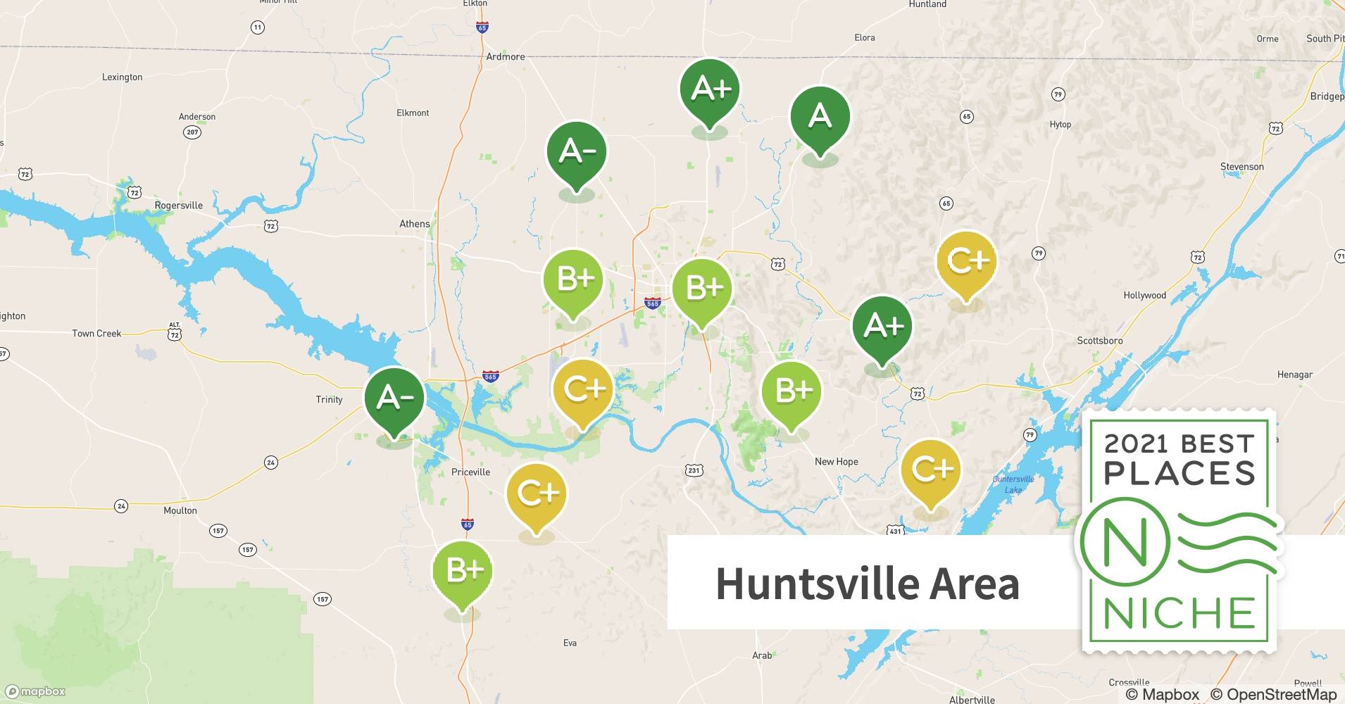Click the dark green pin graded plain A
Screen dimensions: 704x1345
[820, 117]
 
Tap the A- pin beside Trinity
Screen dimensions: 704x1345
[394, 398]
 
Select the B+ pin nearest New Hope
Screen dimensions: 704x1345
[792, 391]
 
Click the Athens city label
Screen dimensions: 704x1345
[414, 224]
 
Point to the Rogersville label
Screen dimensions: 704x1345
[178, 206]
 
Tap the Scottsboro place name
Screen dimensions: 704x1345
[1099, 341]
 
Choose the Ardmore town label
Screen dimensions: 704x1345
[505, 56]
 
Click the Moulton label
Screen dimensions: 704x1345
[180, 510]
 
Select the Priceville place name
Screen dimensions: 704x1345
[470, 472]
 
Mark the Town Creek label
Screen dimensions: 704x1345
[96, 334]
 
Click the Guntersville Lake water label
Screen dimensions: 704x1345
[1013, 484]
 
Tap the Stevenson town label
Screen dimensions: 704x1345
[1241, 167]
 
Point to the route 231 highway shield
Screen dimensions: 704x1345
[694, 470]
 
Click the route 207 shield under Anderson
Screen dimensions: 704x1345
[192, 132]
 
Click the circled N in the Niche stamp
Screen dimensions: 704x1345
[1125, 543]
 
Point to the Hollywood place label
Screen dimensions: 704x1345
[1144, 296]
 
